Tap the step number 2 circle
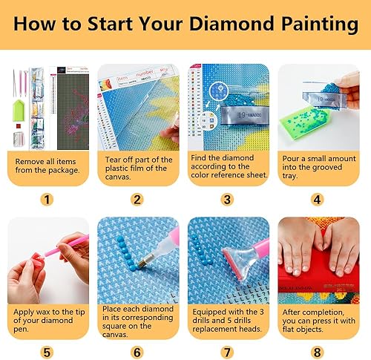[137, 199]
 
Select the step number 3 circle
[228, 199]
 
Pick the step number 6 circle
[137, 351]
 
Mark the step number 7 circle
[228, 351]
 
